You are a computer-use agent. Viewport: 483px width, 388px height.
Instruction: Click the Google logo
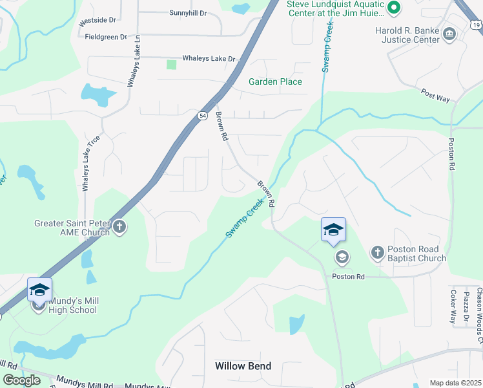click(x=22, y=380)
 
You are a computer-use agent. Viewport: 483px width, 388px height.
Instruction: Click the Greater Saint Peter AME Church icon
click(x=120, y=227)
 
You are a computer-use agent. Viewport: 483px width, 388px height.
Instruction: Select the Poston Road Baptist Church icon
click(x=378, y=253)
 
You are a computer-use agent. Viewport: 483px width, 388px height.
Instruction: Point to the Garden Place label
click(x=275, y=81)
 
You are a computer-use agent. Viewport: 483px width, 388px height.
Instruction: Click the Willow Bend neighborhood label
click(x=243, y=366)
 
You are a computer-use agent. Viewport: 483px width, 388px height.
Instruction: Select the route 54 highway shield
click(x=202, y=114)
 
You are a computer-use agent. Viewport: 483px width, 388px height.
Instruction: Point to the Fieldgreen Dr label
click(x=106, y=37)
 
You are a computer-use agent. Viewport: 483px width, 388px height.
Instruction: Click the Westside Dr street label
click(x=96, y=21)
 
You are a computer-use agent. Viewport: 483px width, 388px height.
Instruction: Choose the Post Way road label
click(x=435, y=96)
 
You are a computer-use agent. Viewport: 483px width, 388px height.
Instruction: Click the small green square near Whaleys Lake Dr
click(x=171, y=64)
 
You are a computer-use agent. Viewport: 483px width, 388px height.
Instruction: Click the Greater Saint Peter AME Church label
click(x=72, y=228)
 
